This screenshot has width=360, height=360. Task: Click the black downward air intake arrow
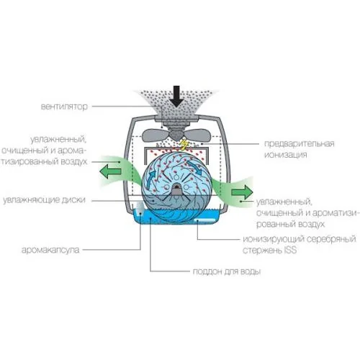pyautogui.click(x=176, y=96)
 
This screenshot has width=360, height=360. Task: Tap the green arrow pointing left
pyautogui.click(x=110, y=171)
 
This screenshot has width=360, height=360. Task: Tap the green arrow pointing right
pyautogui.click(x=242, y=192)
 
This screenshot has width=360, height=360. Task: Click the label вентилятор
pyautogui.click(x=64, y=107)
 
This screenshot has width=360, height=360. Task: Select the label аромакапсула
pyautogui.click(x=50, y=250)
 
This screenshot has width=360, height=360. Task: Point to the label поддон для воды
pyautogui.click(x=227, y=271)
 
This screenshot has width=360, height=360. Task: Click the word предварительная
pyautogui.click(x=300, y=143)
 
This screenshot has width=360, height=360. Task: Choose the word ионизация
pyautogui.click(x=286, y=154)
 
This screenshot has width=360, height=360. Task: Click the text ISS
pyautogui.click(x=290, y=250)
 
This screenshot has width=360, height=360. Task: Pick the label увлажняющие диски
pyautogui.click(x=44, y=199)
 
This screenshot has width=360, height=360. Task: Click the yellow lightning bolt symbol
pyautogui.click(x=184, y=145)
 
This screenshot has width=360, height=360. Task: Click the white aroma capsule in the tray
pyautogui.click(x=139, y=207)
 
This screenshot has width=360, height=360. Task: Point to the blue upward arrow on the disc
pyautogui.click(x=150, y=179)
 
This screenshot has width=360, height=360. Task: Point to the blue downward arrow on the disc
pyautogui.click(x=195, y=168)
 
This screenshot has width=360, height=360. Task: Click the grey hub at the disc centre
pyautogui.click(x=176, y=190)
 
